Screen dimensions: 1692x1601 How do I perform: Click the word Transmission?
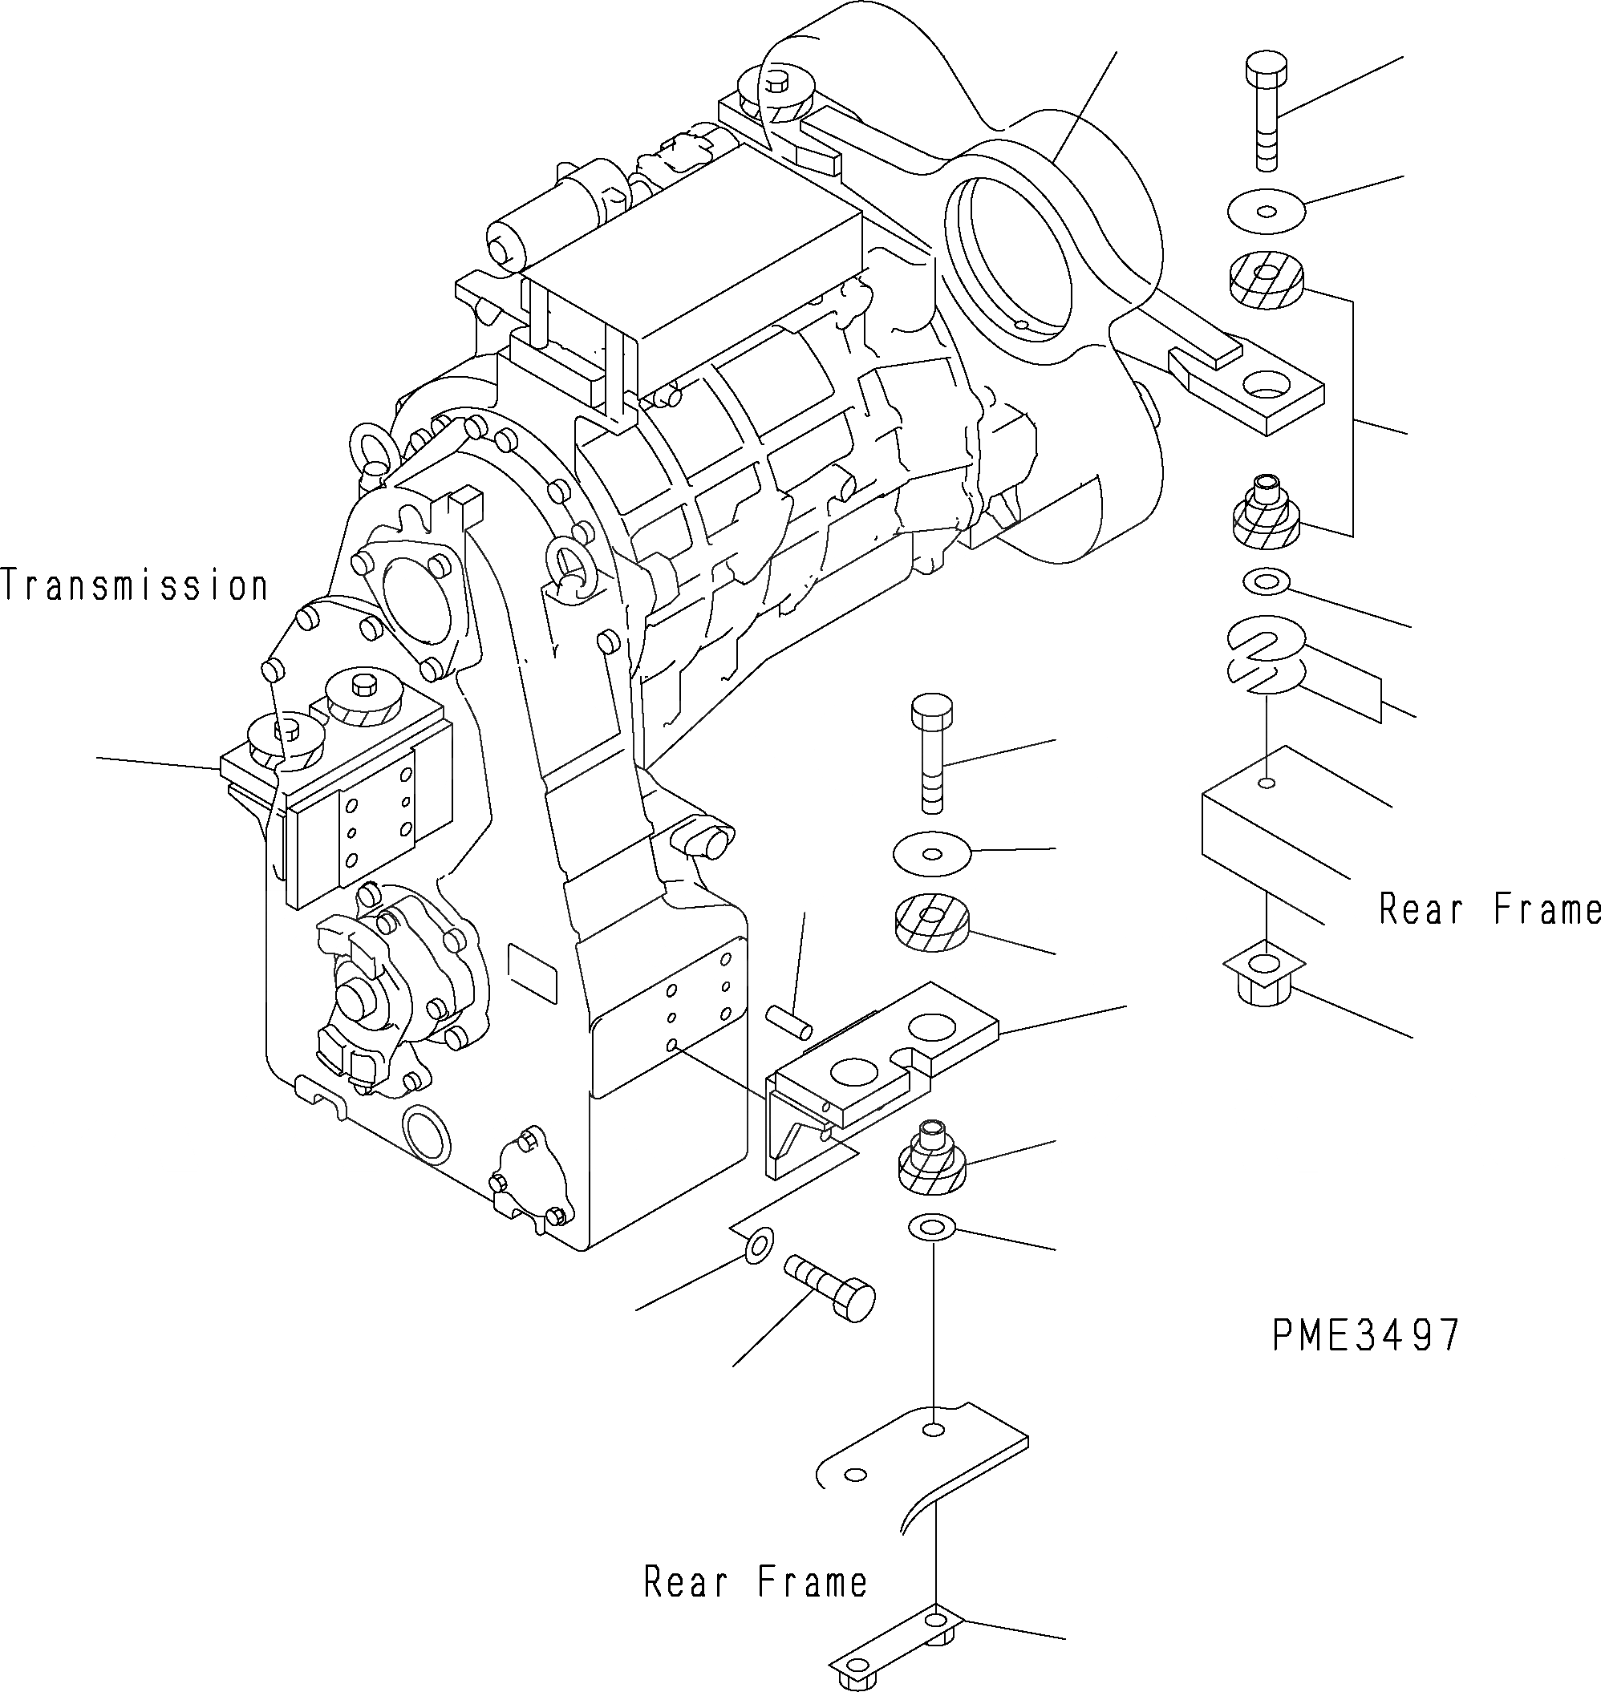pos(135,586)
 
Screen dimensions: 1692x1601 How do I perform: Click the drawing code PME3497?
pos(1365,1335)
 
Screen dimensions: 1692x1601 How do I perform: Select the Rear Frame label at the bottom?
pos(756,1583)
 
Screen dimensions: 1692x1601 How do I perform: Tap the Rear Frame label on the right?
pos(1490,909)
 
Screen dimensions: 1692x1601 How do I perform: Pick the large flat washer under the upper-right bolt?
pos(1267,210)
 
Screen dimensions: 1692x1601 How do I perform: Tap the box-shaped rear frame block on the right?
pos(1271,819)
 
